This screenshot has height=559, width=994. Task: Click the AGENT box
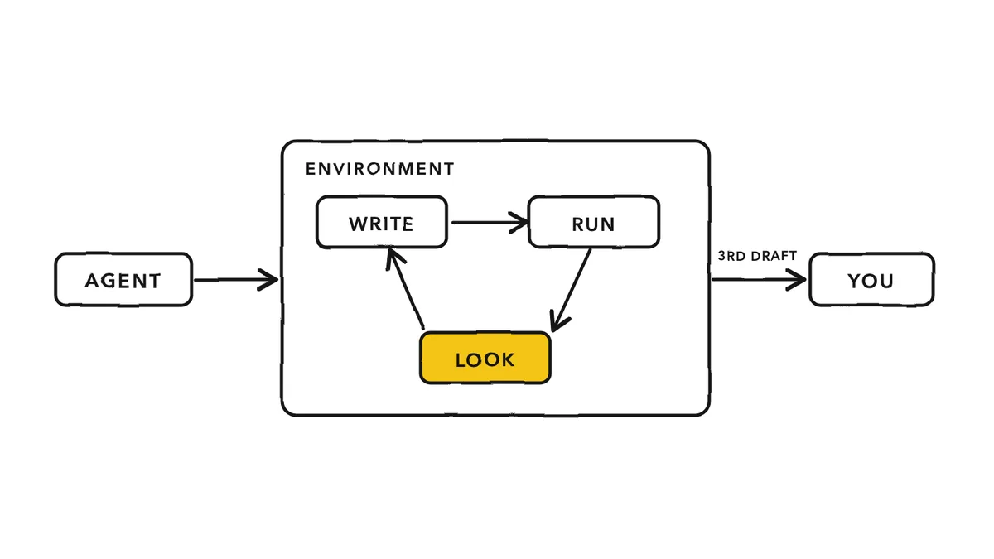point(123,280)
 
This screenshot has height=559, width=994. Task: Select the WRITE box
point(382,222)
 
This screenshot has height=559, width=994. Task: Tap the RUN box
point(594,222)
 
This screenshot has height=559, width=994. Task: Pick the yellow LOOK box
point(485,358)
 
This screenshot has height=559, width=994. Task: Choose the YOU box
point(871,280)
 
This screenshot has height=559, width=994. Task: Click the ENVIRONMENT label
point(380,169)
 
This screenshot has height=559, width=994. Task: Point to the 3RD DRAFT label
point(757,256)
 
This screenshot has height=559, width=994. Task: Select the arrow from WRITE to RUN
point(490,222)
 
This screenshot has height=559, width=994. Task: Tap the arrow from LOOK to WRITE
point(405,288)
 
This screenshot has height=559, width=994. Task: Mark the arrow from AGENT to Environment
point(236,280)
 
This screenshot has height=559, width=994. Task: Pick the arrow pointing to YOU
point(760,280)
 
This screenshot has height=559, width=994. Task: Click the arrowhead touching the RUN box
point(519,222)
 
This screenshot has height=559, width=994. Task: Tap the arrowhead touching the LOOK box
point(557,321)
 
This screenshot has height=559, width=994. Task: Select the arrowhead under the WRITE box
point(394,259)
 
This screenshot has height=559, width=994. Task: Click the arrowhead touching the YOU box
point(796,280)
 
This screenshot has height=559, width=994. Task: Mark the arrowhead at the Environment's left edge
point(268,280)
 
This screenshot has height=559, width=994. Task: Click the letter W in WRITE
point(358,224)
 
